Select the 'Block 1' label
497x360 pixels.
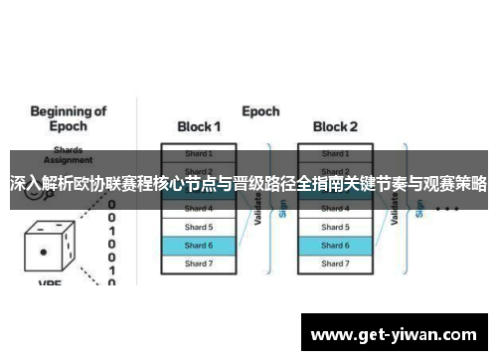point(199,127)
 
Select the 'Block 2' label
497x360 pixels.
point(335,127)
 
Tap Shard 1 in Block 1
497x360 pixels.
point(199,154)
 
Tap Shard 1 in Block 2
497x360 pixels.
point(335,154)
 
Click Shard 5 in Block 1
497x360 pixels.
point(199,227)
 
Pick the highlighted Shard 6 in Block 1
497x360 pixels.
point(199,245)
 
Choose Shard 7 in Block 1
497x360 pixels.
point(199,264)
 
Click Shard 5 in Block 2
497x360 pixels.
point(335,227)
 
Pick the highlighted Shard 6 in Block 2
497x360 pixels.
point(335,245)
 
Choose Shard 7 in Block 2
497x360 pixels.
point(335,264)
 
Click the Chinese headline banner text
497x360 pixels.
point(248,184)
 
